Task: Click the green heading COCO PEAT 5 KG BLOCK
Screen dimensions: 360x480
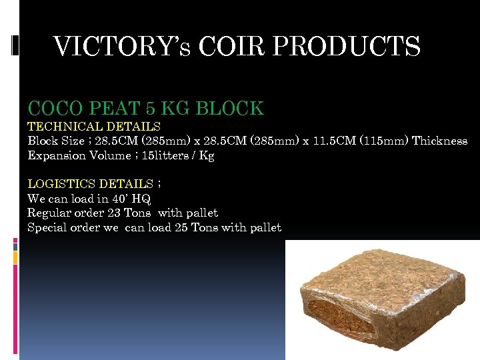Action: [x=145, y=108]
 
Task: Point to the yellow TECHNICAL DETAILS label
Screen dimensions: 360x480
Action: [x=93, y=126]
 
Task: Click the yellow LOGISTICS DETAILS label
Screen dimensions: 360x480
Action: [x=90, y=184]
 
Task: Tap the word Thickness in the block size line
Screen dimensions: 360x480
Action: [x=440, y=141]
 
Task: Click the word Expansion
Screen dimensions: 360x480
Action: [x=57, y=155]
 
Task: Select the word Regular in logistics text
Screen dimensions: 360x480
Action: [x=49, y=213]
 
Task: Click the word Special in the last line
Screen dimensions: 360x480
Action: [x=47, y=228]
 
